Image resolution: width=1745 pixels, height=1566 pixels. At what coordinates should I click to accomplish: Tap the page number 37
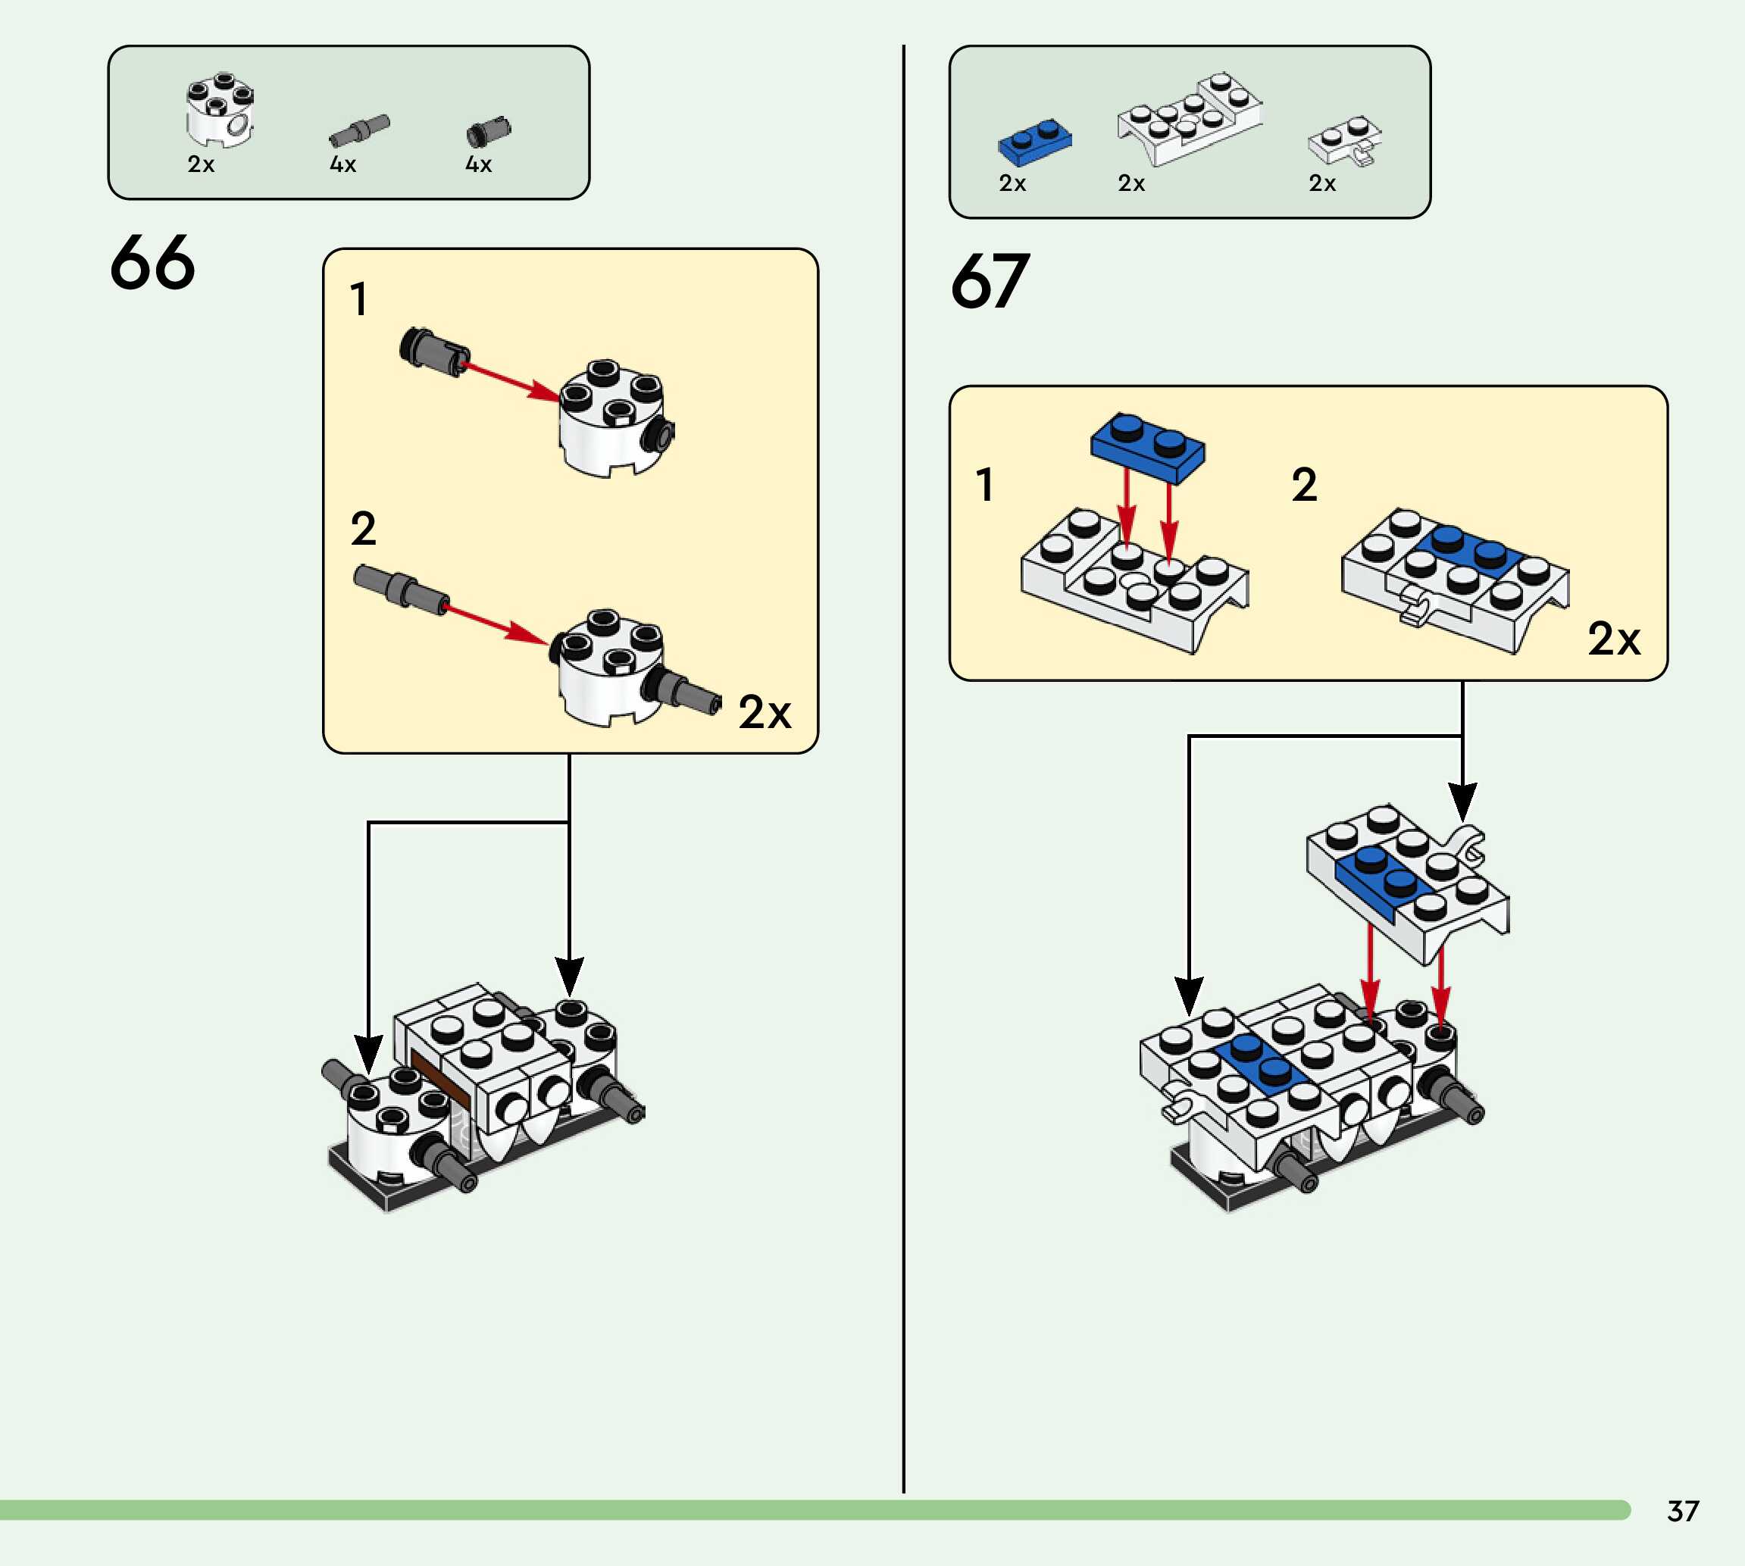pyautogui.click(x=1683, y=1511)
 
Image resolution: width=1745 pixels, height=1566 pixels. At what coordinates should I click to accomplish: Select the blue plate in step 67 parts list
pyautogui.click(x=1035, y=142)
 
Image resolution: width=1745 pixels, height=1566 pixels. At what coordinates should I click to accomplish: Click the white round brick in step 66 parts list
pyautogui.click(x=220, y=110)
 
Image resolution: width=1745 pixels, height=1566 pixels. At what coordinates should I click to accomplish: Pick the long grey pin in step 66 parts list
pyautogui.click(x=360, y=130)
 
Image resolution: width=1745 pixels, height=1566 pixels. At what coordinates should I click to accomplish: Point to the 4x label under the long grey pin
pyautogui.click(x=343, y=164)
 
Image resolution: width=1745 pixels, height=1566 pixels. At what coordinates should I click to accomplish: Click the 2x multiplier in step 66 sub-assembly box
pyautogui.click(x=764, y=712)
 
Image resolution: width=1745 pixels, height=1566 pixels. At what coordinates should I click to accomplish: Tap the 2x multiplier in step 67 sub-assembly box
pyautogui.click(x=1613, y=639)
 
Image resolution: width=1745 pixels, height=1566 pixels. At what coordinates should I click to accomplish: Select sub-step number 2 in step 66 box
pyautogui.click(x=363, y=528)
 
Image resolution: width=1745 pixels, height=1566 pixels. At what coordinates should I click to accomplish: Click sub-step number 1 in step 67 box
pyautogui.click(x=985, y=484)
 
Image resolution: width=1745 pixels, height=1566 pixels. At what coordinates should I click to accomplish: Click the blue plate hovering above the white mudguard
pyautogui.click(x=1148, y=445)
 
